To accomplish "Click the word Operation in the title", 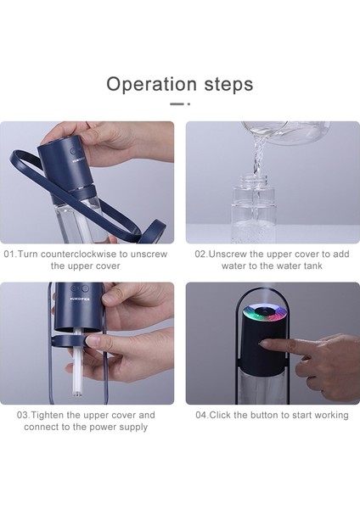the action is point(151,84).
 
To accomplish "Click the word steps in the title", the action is point(228,85).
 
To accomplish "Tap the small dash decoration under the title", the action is point(180,103).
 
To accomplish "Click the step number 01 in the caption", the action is point(9,254).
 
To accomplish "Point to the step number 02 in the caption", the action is point(200,254).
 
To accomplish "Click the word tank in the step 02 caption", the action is point(313,266).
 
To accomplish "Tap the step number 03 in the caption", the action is point(23,415).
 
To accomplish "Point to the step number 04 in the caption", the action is point(201,415).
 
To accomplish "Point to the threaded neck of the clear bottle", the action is point(253,182).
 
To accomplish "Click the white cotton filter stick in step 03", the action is point(78,364).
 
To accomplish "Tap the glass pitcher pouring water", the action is point(286,132).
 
